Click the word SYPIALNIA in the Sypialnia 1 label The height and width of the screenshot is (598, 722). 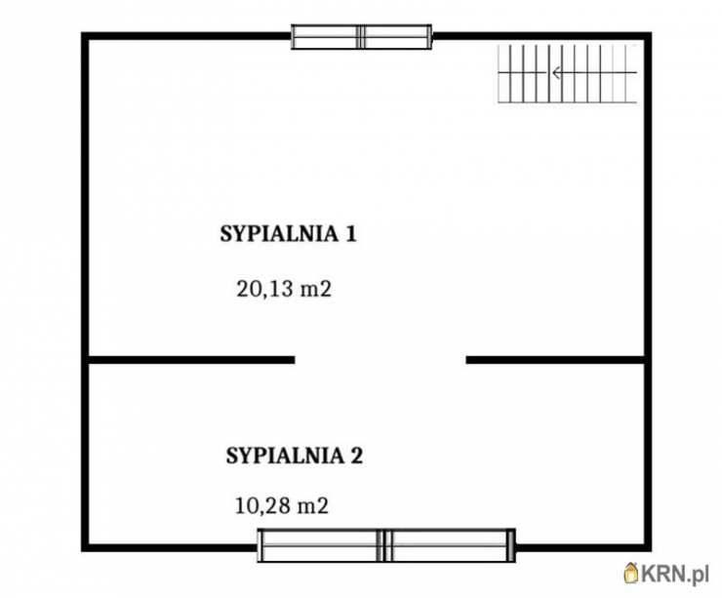(x=279, y=234)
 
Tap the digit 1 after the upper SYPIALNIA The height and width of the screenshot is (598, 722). (x=350, y=234)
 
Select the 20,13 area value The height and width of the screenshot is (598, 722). (x=264, y=290)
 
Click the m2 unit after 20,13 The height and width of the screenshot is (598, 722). (x=316, y=290)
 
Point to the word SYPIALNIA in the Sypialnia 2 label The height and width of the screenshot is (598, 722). (x=285, y=456)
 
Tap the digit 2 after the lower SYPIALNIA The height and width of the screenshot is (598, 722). (x=356, y=456)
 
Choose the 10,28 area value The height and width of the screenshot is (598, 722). (x=262, y=506)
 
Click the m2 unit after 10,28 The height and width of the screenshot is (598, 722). (x=313, y=506)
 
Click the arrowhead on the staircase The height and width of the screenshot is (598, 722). (x=557, y=73)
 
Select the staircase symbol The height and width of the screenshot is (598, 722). (x=567, y=74)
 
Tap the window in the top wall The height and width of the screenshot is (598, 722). (x=361, y=37)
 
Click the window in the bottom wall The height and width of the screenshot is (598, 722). (x=385, y=545)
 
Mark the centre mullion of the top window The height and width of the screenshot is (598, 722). (x=361, y=37)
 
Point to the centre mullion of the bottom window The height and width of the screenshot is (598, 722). (x=384, y=545)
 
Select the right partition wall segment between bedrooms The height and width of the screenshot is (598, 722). (x=555, y=360)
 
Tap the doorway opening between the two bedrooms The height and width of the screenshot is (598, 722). (x=381, y=360)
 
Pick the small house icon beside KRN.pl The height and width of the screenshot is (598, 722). (x=631, y=574)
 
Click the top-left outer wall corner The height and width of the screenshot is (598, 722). (x=85, y=35)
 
